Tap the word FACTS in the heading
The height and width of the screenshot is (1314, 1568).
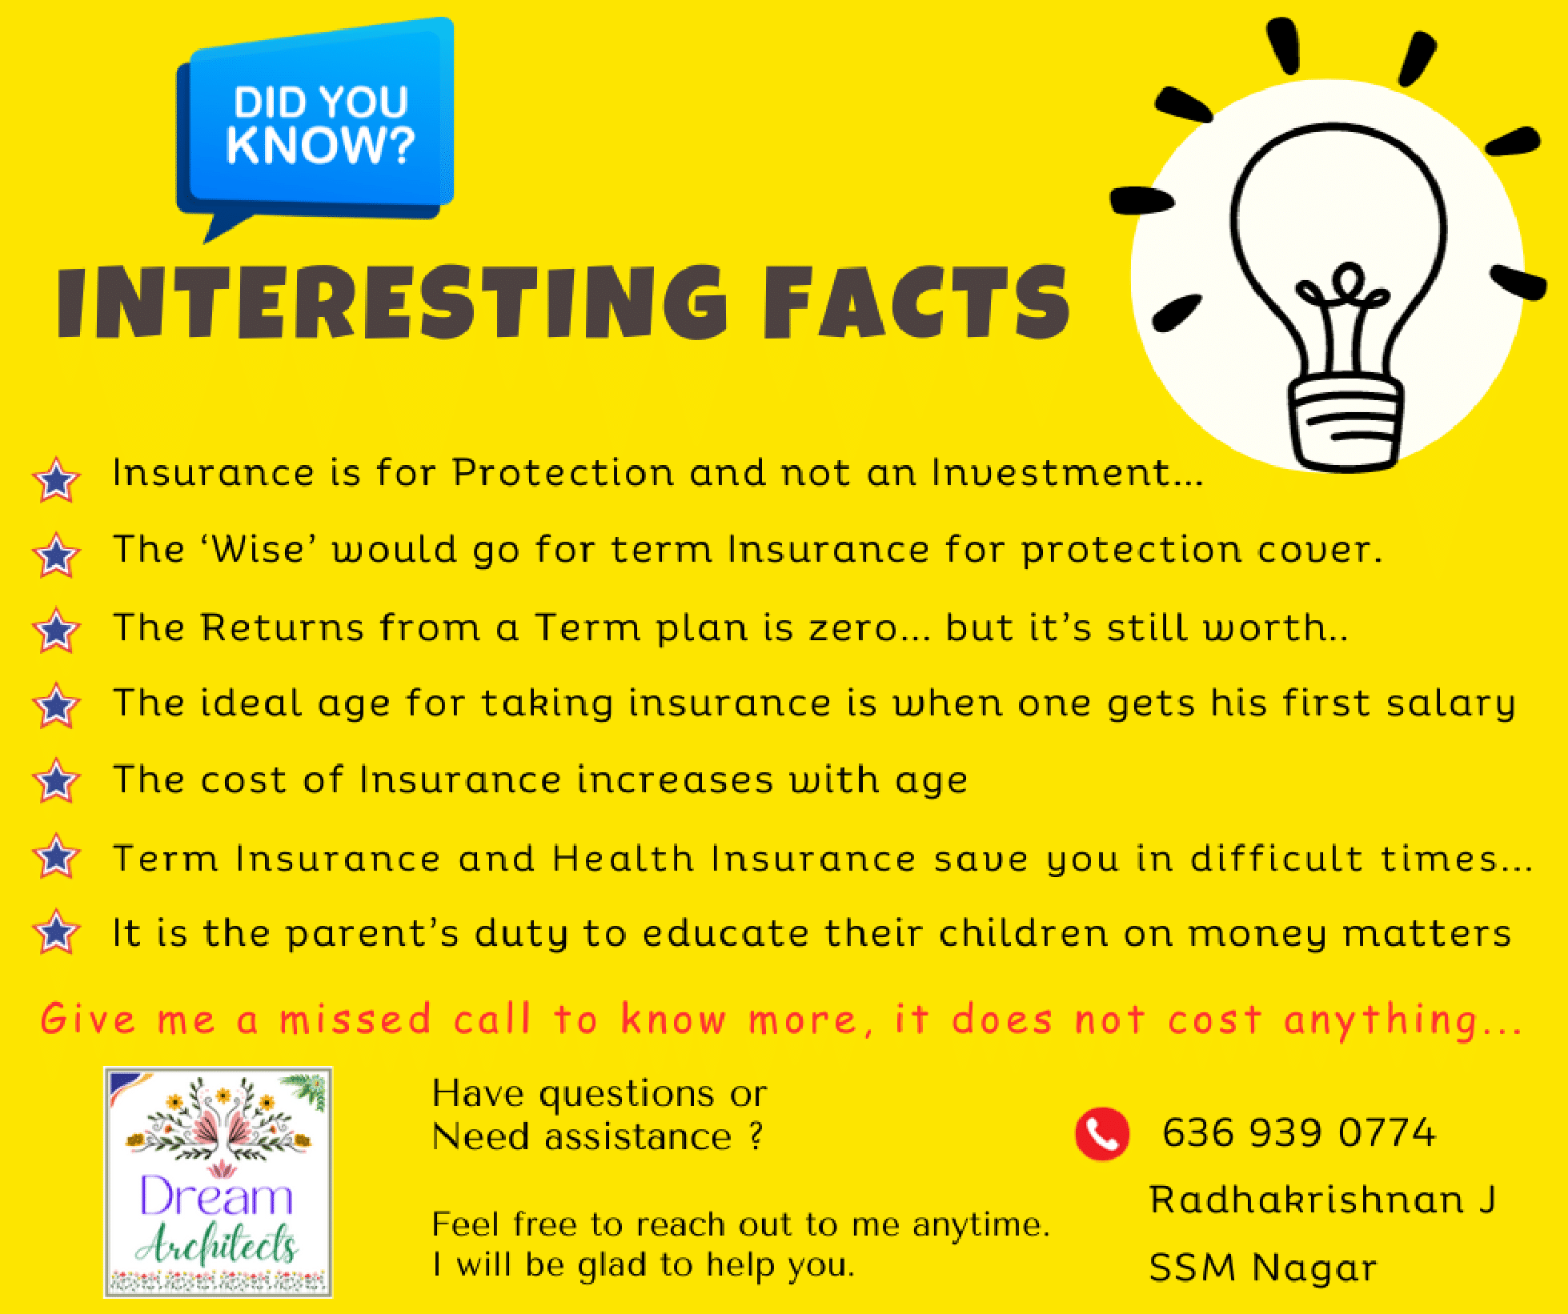tap(916, 302)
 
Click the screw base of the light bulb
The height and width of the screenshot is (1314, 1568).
tap(1345, 424)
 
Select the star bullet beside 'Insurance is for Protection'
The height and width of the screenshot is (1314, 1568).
tap(56, 479)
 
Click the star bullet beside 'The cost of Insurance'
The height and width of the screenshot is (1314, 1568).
tap(56, 780)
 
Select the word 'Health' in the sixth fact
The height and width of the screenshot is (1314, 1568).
tap(623, 859)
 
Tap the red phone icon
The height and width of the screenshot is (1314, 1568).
tap(1102, 1133)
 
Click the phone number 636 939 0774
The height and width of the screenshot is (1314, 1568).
tap(1299, 1133)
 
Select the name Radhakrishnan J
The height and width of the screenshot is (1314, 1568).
tap(1322, 1200)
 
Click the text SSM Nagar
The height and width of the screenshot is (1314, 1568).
tap(1263, 1268)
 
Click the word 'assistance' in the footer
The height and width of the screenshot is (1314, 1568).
tap(638, 1137)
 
